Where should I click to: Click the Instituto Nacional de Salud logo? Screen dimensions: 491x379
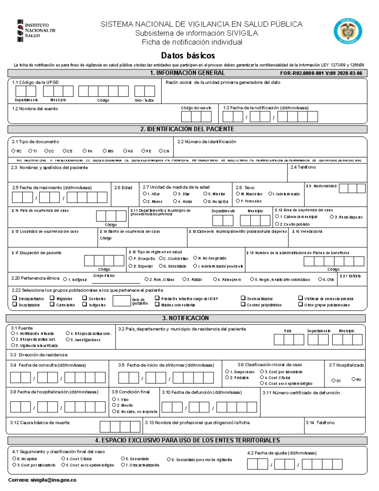(x=36, y=31)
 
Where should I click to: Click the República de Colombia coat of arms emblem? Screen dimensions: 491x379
(x=348, y=31)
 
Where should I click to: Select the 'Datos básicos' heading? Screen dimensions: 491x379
(x=188, y=56)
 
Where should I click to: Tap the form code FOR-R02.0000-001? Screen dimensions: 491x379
(x=321, y=73)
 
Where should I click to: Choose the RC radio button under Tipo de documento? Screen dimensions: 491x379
(x=14, y=151)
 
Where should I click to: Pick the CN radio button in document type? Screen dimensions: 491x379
(x=161, y=151)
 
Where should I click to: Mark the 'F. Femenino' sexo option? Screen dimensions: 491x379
(x=238, y=201)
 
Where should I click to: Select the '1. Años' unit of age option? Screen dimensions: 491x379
(x=145, y=194)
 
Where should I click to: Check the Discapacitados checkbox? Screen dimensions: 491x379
(x=15, y=298)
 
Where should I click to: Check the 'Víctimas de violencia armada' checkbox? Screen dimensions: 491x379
(x=300, y=298)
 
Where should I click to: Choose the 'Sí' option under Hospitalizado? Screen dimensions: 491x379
(x=334, y=380)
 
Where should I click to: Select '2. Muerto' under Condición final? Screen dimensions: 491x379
(x=114, y=405)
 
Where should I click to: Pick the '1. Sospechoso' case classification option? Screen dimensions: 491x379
(x=227, y=372)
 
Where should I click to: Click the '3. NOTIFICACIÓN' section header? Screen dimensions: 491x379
(x=185, y=318)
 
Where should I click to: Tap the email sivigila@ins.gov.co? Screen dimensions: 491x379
(x=53, y=480)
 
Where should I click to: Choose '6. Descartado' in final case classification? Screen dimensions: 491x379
(x=123, y=458)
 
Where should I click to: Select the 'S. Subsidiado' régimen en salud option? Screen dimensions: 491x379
(x=161, y=266)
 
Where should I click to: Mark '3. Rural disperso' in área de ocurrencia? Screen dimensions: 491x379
(x=332, y=217)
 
